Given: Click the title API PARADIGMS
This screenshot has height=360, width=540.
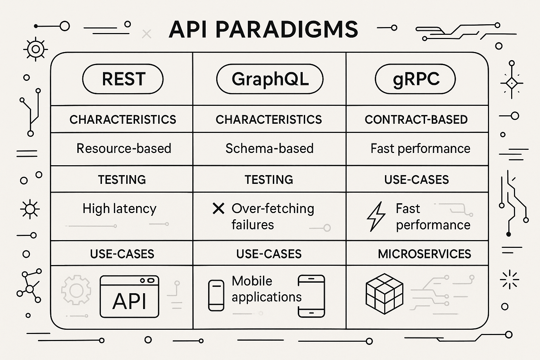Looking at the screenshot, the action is [263, 30].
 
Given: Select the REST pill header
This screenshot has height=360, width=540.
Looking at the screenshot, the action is [123, 79].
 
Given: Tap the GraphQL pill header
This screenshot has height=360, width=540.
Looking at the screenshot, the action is [270, 79].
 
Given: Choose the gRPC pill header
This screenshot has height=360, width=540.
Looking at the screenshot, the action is [415, 79].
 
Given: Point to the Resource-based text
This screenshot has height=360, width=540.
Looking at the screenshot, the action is [124, 148].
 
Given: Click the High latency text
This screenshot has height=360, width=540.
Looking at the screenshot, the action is [120, 208].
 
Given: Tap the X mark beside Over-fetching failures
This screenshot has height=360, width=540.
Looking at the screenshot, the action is [218, 208].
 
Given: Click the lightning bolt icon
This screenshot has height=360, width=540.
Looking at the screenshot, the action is [376, 217].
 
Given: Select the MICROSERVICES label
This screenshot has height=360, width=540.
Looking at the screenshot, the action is [424, 254].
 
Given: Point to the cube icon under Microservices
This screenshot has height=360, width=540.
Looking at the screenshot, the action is [385, 294].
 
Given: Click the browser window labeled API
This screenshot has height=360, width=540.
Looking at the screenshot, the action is [129, 297].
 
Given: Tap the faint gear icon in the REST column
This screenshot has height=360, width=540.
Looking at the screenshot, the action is [76, 290].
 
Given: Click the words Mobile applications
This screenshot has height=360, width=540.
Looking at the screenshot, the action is [266, 289].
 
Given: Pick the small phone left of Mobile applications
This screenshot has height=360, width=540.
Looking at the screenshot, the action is [216, 295].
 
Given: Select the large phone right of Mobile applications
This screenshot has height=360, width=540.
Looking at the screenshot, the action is [311, 296].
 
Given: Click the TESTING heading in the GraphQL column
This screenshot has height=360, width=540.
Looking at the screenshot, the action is [269, 180].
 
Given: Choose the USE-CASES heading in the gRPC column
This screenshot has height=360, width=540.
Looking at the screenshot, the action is [416, 180].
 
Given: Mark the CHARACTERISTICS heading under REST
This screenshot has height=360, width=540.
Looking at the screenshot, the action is [123, 120].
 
